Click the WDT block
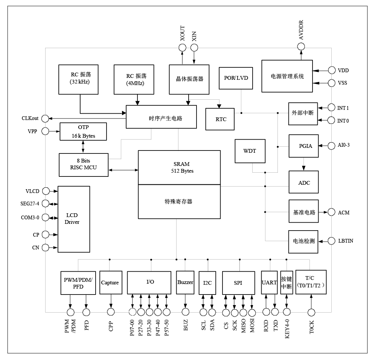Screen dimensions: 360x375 point(250,151)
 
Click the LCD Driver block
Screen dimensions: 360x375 point(73,219)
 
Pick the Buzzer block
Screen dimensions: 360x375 point(185,283)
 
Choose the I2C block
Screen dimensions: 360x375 point(207,283)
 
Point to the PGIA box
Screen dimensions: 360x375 point(303,146)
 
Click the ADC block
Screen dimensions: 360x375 point(303,182)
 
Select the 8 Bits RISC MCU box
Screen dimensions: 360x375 point(83,164)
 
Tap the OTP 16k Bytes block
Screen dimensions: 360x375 point(83,131)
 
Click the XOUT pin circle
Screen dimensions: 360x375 point(182,47)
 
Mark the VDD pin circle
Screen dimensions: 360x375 point(331,70)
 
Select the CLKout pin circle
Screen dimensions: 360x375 point(45,118)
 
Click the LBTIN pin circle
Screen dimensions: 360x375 point(331,240)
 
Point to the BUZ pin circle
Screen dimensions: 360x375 point(185,311)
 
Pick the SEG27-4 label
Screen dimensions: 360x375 point(30,204)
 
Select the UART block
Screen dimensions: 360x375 point(269,283)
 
